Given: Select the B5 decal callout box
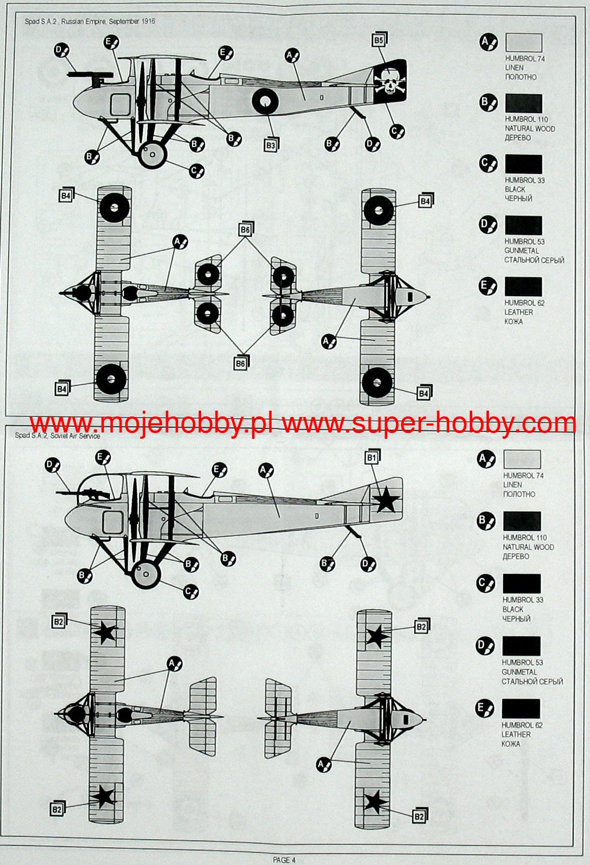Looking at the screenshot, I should click(377, 40).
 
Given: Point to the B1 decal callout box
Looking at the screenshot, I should click(371, 458).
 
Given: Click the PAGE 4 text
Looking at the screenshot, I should click(284, 860).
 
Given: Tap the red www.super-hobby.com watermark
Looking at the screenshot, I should click(429, 424).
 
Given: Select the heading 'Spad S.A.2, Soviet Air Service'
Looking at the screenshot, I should click(57, 435).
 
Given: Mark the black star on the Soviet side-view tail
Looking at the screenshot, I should click(386, 500).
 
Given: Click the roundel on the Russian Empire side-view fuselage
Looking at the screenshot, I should click(265, 102).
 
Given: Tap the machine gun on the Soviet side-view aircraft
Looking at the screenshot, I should click(86, 493).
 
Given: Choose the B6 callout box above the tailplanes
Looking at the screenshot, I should click(245, 230).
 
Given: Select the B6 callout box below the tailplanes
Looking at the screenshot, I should click(240, 363).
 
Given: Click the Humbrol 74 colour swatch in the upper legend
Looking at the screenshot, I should click(523, 43).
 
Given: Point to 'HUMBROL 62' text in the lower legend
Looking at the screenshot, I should click(522, 725).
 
